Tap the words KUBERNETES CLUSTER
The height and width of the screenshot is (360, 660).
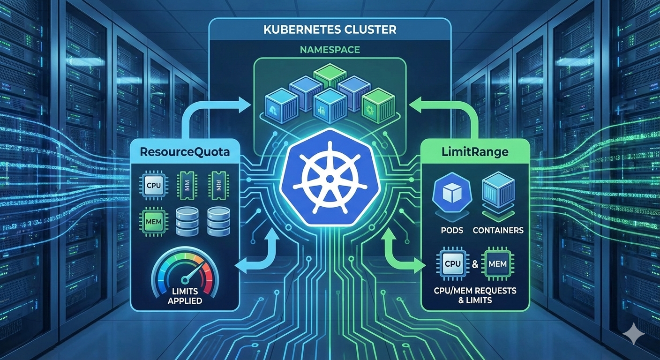[x=330, y=30]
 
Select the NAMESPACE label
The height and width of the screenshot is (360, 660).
[x=330, y=49]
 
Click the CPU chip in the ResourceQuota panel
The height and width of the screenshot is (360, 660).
[x=154, y=185]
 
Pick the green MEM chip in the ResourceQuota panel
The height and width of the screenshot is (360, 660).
[x=153, y=219]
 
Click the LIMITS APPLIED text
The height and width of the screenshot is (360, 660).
[x=185, y=296]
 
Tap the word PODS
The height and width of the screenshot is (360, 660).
[x=452, y=230]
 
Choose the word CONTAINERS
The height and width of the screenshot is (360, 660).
[x=498, y=230]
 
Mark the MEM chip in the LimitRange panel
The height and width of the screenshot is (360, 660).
[x=497, y=264]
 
